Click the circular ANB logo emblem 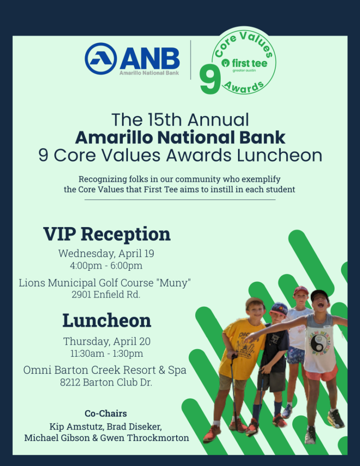coord(101,59)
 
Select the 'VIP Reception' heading coord(106,234)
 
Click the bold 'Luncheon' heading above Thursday coord(106,320)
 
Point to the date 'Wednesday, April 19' coord(106,253)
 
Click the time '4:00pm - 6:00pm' coord(106,265)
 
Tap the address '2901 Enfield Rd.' coord(106,294)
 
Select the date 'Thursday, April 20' coord(106,341)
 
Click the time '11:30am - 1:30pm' coord(106,353)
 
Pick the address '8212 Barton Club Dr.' coord(106,382)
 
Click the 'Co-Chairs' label coord(106,413)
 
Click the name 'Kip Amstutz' coord(76,427)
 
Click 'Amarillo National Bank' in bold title coord(180,137)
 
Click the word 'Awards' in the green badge coord(243,87)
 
